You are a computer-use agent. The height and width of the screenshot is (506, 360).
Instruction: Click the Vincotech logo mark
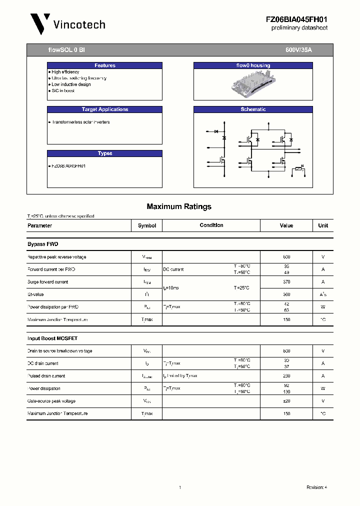tap(40, 23)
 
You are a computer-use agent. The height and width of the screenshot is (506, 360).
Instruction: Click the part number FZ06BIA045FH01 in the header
tap(296, 19)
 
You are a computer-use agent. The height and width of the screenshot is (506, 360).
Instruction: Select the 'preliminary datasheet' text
tap(299, 28)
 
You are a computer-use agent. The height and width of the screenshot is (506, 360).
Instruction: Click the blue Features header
tap(104, 65)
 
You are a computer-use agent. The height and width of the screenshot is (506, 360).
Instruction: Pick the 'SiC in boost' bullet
tap(63, 90)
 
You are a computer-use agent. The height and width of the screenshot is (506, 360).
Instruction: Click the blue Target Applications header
tap(104, 109)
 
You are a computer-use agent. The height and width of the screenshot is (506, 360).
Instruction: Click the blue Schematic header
tap(253, 109)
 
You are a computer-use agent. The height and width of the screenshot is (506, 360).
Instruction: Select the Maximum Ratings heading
tap(179, 206)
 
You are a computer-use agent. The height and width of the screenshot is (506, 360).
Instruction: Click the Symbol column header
tap(147, 225)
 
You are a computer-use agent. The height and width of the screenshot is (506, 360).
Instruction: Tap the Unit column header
tap(323, 225)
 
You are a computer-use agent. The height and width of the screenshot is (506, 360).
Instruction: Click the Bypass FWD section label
tap(42, 244)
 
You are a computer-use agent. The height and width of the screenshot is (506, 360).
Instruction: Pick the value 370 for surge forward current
tap(286, 282)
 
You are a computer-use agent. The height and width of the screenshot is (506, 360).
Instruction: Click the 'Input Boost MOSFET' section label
tap(52, 338)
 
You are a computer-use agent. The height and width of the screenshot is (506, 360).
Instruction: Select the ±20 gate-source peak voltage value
tap(286, 401)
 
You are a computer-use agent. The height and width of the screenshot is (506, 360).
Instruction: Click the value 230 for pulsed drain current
tap(286, 376)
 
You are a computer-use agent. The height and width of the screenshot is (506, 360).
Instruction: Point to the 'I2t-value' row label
tap(36, 294)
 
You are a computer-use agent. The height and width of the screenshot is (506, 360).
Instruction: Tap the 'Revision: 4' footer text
tap(316, 487)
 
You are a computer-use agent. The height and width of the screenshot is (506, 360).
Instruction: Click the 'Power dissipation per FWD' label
tap(53, 307)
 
